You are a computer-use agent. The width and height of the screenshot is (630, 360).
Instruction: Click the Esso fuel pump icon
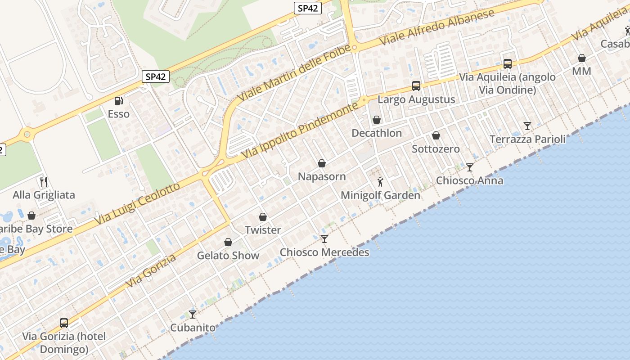[x=118, y=101]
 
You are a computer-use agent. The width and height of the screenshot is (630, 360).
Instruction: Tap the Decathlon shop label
[x=377, y=133]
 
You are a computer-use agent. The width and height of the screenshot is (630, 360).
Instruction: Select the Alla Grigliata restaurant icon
[x=44, y=181]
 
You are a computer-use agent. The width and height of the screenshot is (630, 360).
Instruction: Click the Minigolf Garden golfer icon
[x=380, y=182]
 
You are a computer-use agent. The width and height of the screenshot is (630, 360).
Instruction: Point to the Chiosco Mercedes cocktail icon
[x=324, y=238]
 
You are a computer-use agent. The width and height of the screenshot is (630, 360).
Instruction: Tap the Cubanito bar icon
[x=193, y=314]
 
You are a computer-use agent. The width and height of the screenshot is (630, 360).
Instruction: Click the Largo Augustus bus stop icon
[x=416, y=86]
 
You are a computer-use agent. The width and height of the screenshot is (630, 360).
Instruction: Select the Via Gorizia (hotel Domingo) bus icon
[x=64, y=323]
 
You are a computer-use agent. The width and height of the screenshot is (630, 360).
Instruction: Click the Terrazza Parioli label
[x=527, y=139]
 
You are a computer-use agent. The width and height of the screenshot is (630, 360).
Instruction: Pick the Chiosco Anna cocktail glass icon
[x=470, y=167]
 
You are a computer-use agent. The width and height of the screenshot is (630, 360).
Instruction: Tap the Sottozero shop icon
[x=436, y=135]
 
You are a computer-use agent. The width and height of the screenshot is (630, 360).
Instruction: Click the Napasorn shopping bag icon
[x=322, y=163]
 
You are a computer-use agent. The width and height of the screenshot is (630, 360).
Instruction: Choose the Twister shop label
[x=263, y=230]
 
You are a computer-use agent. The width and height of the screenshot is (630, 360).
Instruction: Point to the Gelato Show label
[x=228, y=256]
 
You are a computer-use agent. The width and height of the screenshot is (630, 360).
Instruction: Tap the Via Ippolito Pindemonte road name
[x=300, y=130]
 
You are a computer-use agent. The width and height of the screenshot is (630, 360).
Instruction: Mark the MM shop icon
[x=581, y=58]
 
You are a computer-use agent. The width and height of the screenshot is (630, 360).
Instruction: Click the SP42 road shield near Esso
[x=156, y=76]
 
